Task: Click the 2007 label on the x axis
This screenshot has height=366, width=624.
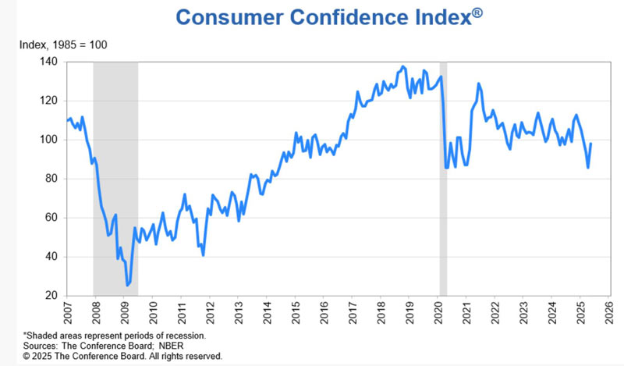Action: pos(66,314)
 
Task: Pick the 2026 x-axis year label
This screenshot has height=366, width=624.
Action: pos(609,314)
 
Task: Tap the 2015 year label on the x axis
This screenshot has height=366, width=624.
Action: pos(296,314)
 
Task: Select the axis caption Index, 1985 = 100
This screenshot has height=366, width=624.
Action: pos(63,44)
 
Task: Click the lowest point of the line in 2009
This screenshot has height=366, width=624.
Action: pos(127,285)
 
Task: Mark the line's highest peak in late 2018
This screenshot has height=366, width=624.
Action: pos(402,66)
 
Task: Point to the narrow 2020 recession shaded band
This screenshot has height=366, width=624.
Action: pos(443,179)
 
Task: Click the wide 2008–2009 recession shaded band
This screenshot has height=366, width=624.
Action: pos(115,179)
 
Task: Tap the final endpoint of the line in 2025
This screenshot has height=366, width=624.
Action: pos(591,144)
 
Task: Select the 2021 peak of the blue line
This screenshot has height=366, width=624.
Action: pos(478,84)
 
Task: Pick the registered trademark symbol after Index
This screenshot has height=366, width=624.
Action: pos(477,13)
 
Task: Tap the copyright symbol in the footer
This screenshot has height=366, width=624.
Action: pos(27,356)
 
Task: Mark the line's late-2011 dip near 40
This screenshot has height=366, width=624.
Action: pos(203,255)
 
